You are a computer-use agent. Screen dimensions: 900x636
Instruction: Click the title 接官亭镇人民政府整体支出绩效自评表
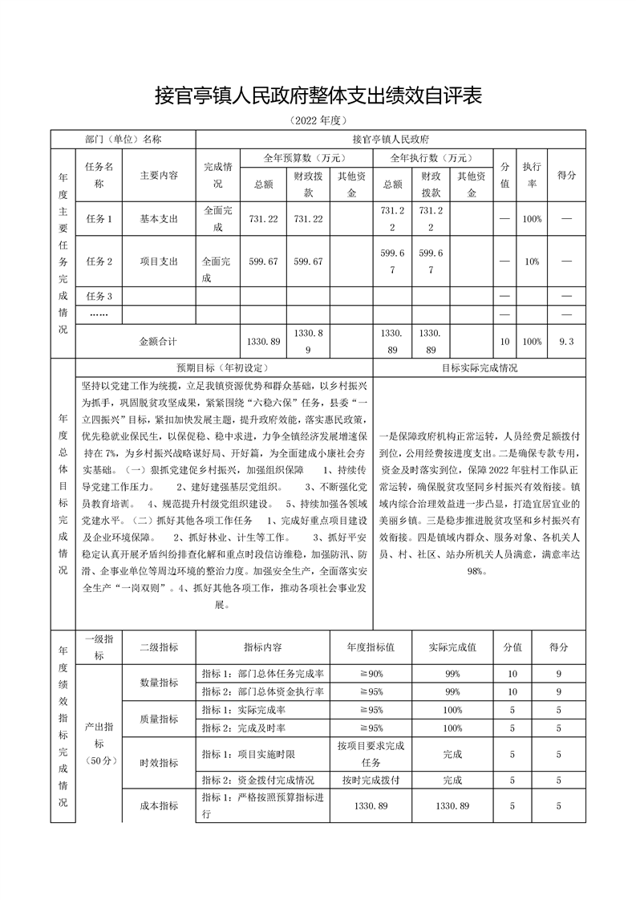(x=318, y=97)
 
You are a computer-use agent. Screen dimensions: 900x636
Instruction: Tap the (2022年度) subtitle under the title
(x=318, y=121)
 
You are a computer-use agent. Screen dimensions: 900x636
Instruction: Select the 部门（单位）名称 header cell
(x=124, y=139)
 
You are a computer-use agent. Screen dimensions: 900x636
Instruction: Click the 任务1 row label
(x=99, y=218)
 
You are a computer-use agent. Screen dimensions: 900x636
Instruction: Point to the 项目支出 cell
(x=159, y=261)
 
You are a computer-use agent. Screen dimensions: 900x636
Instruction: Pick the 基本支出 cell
(x=159, y=218)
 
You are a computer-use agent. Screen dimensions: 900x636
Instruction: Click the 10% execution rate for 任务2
(x=531, y=261)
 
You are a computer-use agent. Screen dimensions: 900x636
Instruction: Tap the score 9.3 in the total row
(x=566, y=341)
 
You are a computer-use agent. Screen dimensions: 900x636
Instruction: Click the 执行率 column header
(x=531, y=174)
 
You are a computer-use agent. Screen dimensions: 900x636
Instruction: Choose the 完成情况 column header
(x=218, y=175)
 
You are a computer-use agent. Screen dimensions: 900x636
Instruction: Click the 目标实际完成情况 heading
(x=480, y=367)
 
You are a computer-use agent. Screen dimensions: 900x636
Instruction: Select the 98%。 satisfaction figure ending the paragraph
(x=480, y=570)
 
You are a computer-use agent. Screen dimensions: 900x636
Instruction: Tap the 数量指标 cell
(x=159, y=682)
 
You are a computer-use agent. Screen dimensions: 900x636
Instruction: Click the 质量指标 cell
(x=159, y=719)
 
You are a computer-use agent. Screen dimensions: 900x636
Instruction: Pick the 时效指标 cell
(x=159, y=762)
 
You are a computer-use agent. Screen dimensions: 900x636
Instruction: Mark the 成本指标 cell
(x=159, y=805)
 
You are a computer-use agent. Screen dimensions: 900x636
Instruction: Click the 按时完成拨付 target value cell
(x=371, y=780)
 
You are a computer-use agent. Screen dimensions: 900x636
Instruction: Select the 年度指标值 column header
(x=371, y=647)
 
